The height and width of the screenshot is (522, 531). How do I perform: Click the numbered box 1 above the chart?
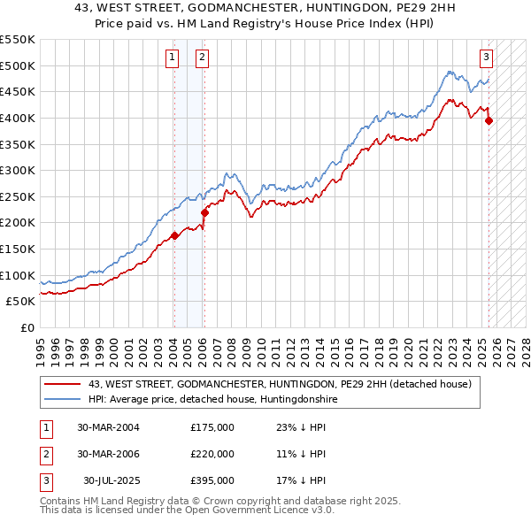[x=173, y=58]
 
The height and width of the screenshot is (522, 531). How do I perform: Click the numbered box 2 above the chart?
[x=203, y=58]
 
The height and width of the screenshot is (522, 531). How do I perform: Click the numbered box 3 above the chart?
[x=487, y=58]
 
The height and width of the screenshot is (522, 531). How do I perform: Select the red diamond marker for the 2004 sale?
[x=174, y=235]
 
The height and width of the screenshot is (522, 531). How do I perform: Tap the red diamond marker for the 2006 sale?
[x=204, y=212]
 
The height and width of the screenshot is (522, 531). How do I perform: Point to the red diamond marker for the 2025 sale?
[x=489, y=121]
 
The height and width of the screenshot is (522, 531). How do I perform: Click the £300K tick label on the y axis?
[x=18, y=170]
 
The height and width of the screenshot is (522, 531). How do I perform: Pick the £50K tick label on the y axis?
[x=21, y=301]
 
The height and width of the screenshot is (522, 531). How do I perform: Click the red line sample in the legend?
[x=62, y=384]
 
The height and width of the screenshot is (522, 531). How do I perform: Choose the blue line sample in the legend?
[x=62, y=400]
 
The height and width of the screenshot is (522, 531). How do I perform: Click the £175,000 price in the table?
[x=212, y=427]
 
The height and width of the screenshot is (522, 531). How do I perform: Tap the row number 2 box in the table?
[x=45, y=454]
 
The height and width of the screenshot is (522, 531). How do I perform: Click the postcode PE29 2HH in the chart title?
[x=359, y=10]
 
